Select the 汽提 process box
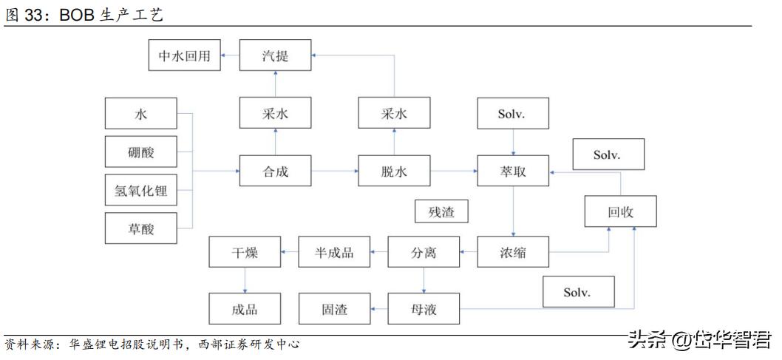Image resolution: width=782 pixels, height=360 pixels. [x=275, y=56]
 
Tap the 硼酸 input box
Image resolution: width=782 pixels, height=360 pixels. [x=141, y=154]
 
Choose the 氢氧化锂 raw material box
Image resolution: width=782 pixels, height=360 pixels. [x=141, y=191]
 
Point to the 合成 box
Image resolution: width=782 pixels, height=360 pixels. [x=275, y=172]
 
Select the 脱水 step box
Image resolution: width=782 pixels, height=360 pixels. [x=394, y=172]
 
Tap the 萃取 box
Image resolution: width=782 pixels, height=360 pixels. [x=513, y=172]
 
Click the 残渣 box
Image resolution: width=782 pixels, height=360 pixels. [x=441, y=212]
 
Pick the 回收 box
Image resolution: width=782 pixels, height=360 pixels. [x=621, y=212]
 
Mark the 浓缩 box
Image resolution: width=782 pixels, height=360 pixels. [x=513, y=253]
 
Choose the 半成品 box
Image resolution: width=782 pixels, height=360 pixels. [x=334, y=253]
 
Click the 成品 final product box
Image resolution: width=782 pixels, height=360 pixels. [x=245, y=309]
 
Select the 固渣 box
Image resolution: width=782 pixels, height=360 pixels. [x=334, y=309]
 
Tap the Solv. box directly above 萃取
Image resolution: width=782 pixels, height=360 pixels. [x=513, y=115]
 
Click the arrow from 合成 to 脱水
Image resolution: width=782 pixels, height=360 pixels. [x=335, y=172]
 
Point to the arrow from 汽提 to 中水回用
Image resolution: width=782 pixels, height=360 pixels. [x=231, y=56]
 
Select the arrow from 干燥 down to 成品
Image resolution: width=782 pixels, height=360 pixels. [x=245, y=280]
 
